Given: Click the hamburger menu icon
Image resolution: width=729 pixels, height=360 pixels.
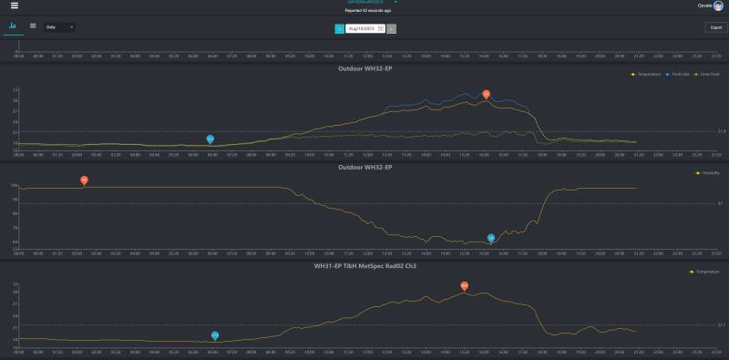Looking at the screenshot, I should pos(14,5).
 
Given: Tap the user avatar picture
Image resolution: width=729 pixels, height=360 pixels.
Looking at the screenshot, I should pos(718,5).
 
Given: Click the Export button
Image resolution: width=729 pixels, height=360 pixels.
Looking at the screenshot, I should pos(714,27).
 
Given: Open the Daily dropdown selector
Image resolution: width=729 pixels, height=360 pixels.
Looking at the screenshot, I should pos(59,27).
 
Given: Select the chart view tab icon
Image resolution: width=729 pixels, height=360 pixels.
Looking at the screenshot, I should pos(13,26).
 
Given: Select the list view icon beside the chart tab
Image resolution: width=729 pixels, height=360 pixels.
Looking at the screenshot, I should pos(33,26).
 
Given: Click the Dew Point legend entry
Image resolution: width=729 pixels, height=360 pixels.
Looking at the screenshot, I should pos(707,74).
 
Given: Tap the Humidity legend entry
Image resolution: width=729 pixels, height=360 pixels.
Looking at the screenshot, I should pos(709,172).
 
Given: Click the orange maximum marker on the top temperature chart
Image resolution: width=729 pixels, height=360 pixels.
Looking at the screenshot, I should pos(486,94).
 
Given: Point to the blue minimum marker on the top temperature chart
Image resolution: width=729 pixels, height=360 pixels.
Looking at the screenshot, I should pos(210,139).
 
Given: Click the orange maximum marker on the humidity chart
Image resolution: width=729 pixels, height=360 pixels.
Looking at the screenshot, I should pos(84,180).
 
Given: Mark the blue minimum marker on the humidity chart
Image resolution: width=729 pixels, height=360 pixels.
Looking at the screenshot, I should pos(490,238).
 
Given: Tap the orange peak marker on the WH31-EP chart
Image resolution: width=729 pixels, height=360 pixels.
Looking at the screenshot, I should pos(464,285).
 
